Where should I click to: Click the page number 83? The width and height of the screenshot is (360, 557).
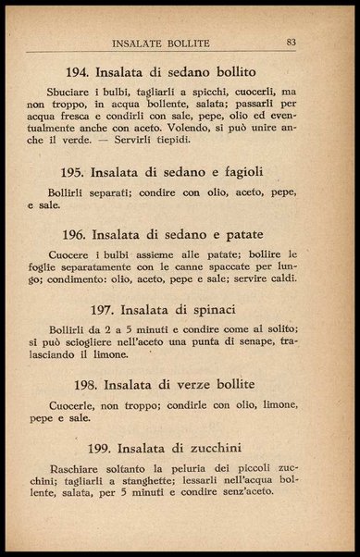(x=291, y=42)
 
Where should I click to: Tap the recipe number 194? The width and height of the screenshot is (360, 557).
(x=82, y=72)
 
